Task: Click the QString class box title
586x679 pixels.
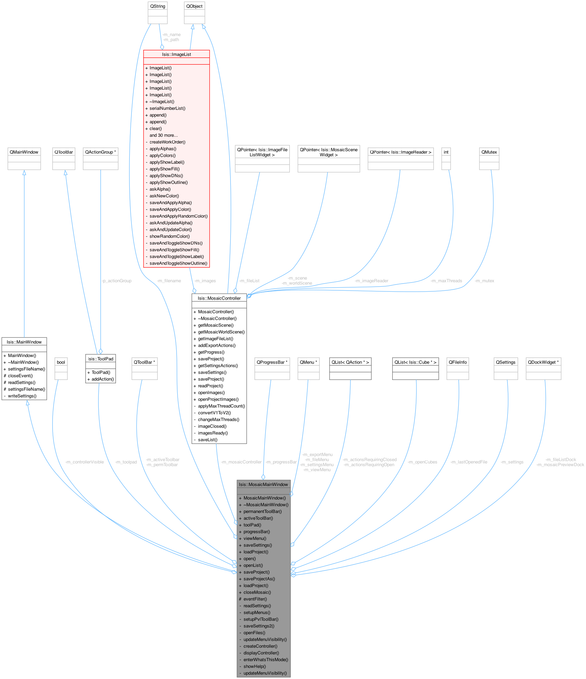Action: pyautogui.click(x=158, y=6)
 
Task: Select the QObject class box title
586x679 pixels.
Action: pyautogui.click(x=194, y=6)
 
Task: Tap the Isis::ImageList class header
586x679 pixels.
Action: pyautogui.click(x=177, y=54)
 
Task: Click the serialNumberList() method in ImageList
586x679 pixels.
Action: pyautogui.click(x=167, y=108)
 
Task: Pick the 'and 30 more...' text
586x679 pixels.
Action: pyautogui.click(x=163, y=135)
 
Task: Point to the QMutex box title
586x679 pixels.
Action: pyautogui.click(x=489, y=152)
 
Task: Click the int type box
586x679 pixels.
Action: pyautogui.click(x=446, y=152)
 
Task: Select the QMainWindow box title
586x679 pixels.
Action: pyautogui.click(x=24, y=152)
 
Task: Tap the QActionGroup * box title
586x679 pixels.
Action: pyautogui.click(x=100, y=152)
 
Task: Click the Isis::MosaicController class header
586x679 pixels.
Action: pyautogui.click(x=219, y=298)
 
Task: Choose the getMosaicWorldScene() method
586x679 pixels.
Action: pyautogui.click(x=221, y=332)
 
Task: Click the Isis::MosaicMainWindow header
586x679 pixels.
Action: pyautogui.click(x=263, y=484)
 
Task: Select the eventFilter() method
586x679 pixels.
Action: pyautogui.click(x=255, y=599)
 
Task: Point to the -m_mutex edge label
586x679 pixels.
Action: pyautogui.click(x=484, y=281)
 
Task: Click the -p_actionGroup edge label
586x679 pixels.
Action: pyautogui.click(x=116, y=281)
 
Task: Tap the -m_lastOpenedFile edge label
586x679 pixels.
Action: pyautogui.click(x=469, y=462)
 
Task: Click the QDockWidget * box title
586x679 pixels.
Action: pyautogui.click(x=543, y=362)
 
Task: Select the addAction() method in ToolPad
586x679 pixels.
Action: pyautogui.click(x=103, y=379)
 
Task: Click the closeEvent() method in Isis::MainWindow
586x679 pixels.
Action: pyautogui.click(x=20, y=376)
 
